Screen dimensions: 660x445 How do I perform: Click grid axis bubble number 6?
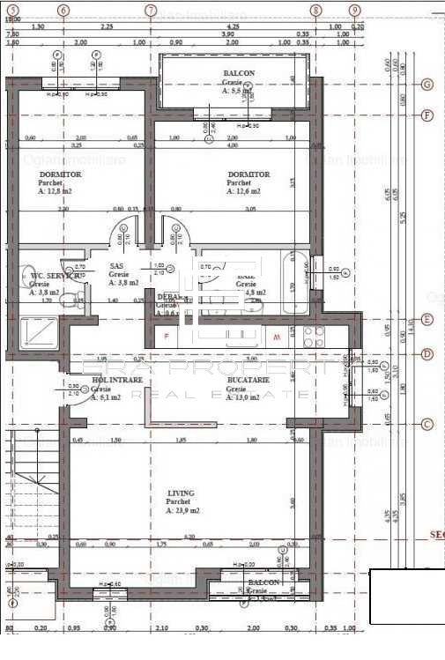[x=63, y=10]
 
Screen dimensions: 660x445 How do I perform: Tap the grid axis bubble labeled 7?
[x=151, y=10]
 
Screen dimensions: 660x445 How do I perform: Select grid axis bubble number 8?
[x=315, y=10]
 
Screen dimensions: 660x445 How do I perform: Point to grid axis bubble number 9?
[x=354, y=10]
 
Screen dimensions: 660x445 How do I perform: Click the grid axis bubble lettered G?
[x=427, y=85]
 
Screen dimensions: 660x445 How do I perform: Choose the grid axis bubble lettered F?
[x=427, y=115]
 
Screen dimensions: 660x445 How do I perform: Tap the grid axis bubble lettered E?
[x=427, y=320]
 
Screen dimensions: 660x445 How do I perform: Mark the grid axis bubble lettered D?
[x=427, y=354]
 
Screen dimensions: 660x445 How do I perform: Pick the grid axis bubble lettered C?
[x=427, y=424]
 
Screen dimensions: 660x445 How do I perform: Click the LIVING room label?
[x=181, y=493]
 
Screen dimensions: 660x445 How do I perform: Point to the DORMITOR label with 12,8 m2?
[x=59, y=175]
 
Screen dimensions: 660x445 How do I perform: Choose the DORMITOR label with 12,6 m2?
[x=248, y=175]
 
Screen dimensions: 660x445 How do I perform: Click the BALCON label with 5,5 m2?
[x=238, y=74]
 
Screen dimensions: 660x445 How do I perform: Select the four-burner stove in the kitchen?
[x=315, y=336]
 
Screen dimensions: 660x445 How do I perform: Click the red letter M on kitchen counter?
[x=276, y=337]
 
